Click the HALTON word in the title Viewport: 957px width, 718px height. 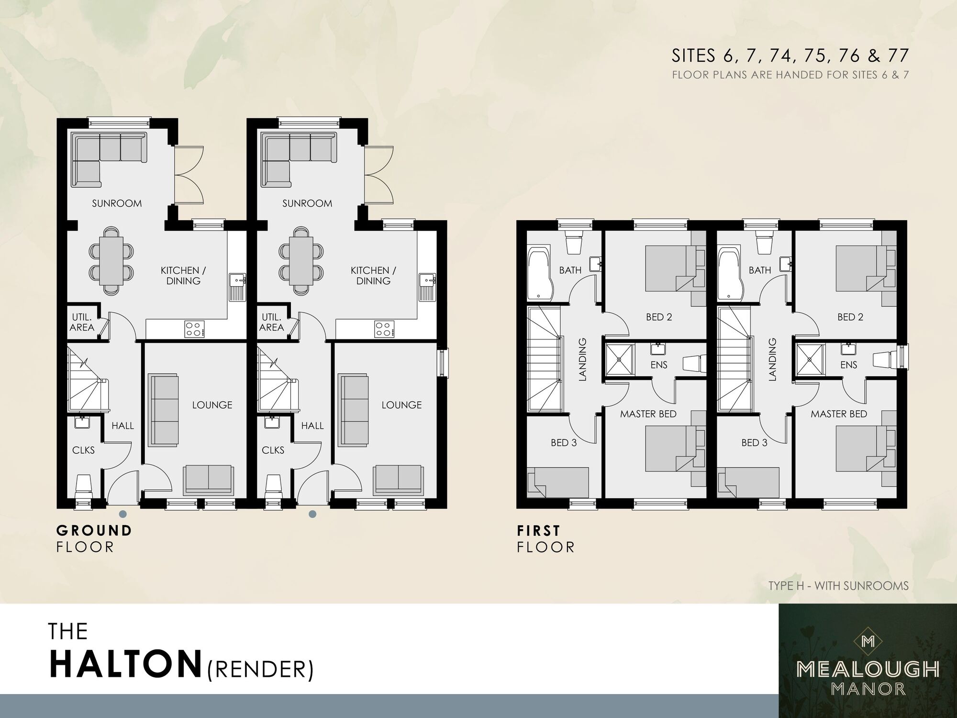tap(125, 663)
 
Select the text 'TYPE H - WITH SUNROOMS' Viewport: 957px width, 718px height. tap(838, 586)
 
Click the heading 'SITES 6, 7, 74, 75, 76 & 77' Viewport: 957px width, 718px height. tap(790, 56)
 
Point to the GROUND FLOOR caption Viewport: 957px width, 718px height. tap(94, 538)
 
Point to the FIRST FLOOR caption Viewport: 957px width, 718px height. tap(545, 538)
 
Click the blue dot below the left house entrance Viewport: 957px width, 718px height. tap(123, 514)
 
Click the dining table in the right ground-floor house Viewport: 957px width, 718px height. tap(301, 260)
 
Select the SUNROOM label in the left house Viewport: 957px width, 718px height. tap(117, 203)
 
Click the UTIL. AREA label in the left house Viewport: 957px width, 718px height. tap(82, 322)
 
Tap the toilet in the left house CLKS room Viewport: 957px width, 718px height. tap(83, 486)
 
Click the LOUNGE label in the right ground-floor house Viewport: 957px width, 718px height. tap(401, 405)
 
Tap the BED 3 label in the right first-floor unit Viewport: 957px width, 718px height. tap(754, 443)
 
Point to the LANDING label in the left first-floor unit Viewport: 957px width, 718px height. tap(582, 359)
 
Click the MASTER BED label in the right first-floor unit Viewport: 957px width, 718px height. tap(838, 414)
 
